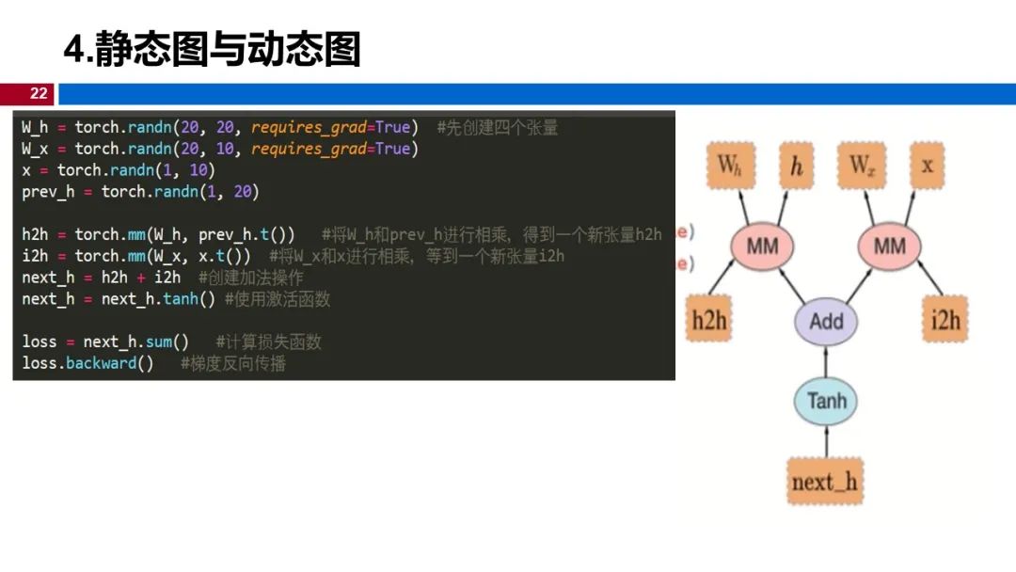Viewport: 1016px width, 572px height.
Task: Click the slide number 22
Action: tap(39, 93)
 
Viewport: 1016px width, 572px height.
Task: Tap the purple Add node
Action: tap(826, 321)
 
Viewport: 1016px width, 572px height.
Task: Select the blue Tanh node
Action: tap(826, 402)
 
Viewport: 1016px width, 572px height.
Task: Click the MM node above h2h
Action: tap(762, 246)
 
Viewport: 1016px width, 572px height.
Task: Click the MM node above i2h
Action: tap(889, 246)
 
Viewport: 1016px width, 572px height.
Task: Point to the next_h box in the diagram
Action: tap(825, 482)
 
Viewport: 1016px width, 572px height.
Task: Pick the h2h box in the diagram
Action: tap(710, 321)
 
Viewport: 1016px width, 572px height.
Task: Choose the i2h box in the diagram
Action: tap(945, 321)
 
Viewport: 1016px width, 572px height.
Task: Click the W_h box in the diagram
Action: tap(730, 166)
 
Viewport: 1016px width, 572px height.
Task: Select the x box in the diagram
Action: tap(928, 166)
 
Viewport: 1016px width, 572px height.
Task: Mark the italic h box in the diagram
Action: tap(797, 166)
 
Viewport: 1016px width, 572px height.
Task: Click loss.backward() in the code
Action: tap(87, 363)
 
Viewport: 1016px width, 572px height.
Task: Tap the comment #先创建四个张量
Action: tap(498, 127)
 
